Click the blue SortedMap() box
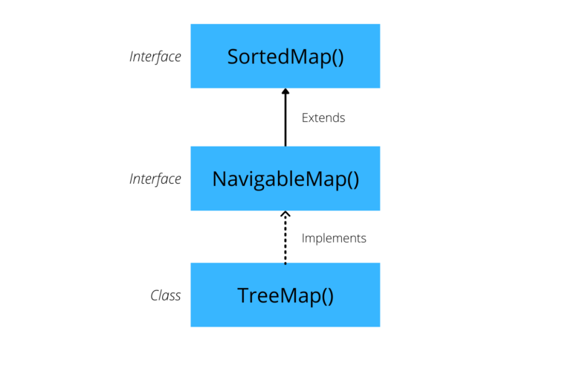point(285,56)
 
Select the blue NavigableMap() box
point(285,179)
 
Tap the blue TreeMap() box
point(285,295)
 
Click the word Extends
point(323,118)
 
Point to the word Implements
point(334,238)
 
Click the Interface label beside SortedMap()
point(155,57)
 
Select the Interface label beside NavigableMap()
point(155,179)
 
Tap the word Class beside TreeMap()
point(166,295)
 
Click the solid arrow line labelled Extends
point(285,123)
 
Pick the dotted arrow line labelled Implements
point(285,242)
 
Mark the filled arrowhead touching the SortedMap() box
point(285,92)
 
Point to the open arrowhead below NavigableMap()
point(285,215)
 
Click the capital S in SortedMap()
point(232,57)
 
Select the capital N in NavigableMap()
point(219,179)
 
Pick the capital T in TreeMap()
point(243,295)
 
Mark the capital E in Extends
point(305,118)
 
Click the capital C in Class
point(154,295)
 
